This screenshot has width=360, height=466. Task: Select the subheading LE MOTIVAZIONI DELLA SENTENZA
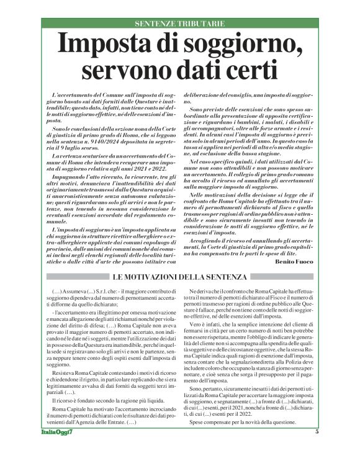(180, 276)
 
